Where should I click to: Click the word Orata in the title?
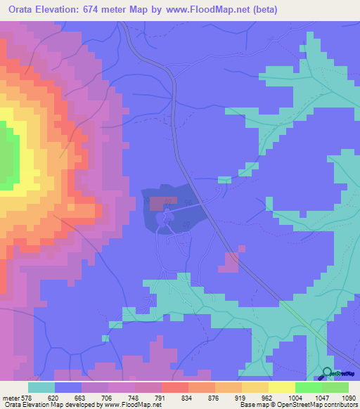(x=25, y=10)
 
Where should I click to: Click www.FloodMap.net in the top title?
(x=211, y=10)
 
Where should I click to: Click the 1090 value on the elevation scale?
(x=349, y=397)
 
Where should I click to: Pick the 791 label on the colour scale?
(x=160, y=397)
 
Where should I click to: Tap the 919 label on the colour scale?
(x=240, y=397)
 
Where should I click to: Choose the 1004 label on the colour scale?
(x=294, y=397)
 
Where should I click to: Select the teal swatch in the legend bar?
(x=41, y=387)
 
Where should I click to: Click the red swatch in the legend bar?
(x=174, y=387)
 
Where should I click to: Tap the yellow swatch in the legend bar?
(x=281, y=387)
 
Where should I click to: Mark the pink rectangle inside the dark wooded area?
(x=162, y=203)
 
